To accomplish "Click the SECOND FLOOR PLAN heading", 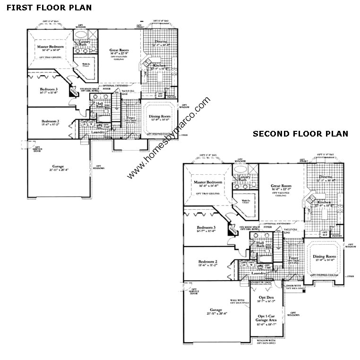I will pyautogui.click(x=300, y=134).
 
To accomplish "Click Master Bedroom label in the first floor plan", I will pyautogui.click(x=51, y=47).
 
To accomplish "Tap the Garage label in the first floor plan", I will pyautogui.click(x=58, y=166).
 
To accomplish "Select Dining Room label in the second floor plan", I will pyautogui.click(x=324, y=257).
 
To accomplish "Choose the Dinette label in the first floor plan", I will pyautogui.click(x=161, y=42).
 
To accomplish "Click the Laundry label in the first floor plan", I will pyautogui.click(x=98, y=132).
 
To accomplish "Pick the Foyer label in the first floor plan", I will pyautogui.click(x=131, y=118).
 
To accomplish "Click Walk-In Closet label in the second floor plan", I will pyautogui.click(x=245, y=201).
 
